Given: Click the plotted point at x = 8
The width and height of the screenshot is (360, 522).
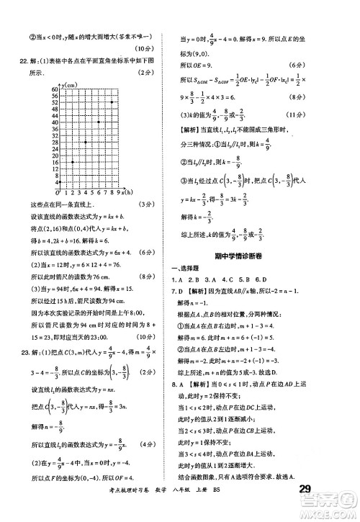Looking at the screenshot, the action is point(111,102).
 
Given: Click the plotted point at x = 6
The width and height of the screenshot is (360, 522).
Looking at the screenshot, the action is point(99,122).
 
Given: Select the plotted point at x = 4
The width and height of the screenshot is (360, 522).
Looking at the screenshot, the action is point(86,142).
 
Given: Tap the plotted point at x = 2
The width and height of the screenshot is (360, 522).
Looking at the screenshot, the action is point(73,162).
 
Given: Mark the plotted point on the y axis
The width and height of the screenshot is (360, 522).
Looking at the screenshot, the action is point(60,183).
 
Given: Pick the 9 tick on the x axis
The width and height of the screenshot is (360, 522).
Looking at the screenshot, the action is point(117,193).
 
